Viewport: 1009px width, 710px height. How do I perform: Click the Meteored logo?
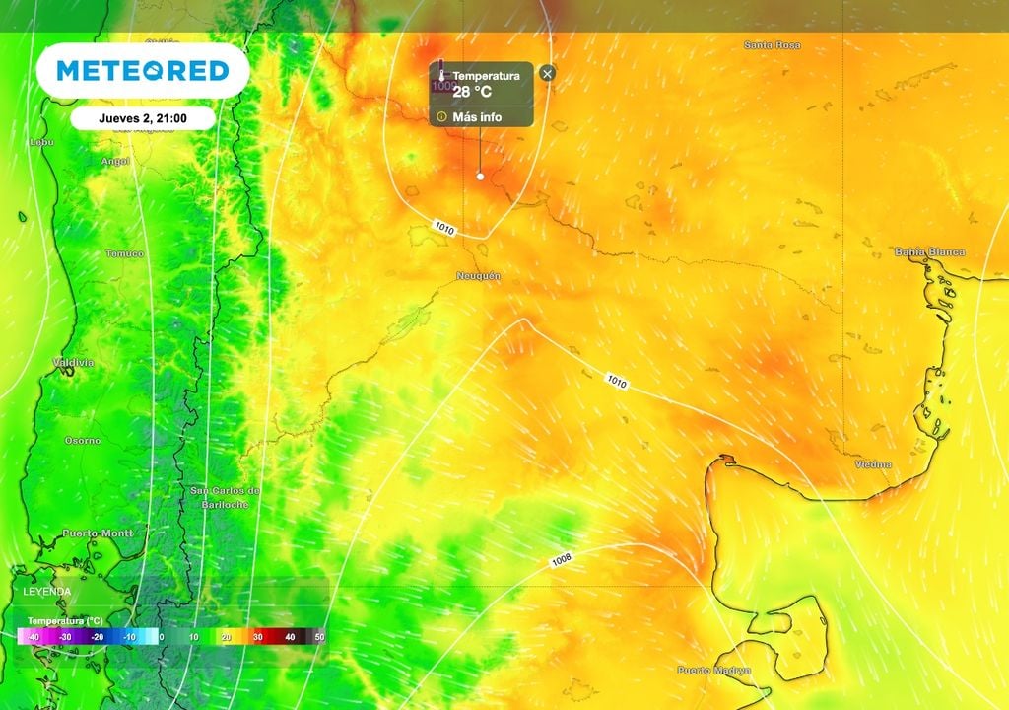143,70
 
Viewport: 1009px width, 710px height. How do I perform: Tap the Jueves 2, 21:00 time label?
143,118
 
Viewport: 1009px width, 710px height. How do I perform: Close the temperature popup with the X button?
548,73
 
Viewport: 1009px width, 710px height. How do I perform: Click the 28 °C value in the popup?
472,93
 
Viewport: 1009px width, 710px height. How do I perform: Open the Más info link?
477,116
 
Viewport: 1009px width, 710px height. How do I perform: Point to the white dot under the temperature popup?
480,177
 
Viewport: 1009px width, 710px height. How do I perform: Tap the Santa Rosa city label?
772,45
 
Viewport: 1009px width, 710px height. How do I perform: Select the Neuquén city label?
478,276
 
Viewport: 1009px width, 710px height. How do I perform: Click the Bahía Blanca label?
929,252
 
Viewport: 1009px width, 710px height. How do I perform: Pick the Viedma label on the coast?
873,464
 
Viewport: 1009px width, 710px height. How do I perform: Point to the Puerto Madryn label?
714,671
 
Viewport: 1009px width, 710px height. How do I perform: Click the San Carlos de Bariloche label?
225,496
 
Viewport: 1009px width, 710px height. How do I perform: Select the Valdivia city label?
73,363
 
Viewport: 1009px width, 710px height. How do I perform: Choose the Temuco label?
124,253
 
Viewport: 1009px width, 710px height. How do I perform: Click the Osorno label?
82,440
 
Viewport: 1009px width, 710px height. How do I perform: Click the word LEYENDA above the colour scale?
47,591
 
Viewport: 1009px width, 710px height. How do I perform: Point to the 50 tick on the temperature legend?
319,638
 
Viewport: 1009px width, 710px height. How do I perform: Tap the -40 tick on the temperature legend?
33,638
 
